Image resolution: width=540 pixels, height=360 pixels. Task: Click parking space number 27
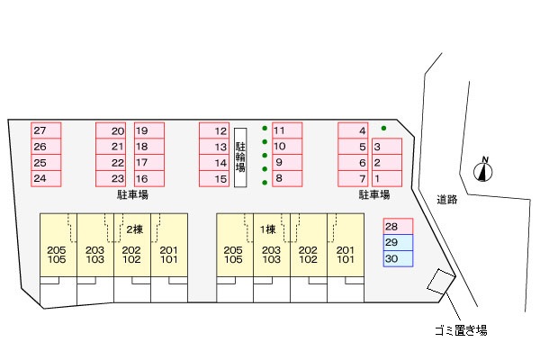pos(46,130)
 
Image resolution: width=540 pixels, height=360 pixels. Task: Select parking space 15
pos(214,179)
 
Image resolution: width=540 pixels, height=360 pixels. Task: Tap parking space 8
pos(287,178)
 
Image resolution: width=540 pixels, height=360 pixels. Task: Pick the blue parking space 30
pos(398,258)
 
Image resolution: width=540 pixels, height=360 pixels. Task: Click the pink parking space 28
pos(398,226)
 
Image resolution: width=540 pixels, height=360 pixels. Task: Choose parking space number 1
pos(387,179)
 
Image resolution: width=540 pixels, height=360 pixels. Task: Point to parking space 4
pos(353,130)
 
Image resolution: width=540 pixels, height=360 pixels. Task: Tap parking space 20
pos(111,130)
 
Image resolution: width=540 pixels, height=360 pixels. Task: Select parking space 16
pos(149,179)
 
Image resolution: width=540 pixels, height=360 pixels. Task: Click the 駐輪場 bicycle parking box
pos(240,157)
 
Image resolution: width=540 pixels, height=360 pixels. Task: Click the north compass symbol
pos(482,169)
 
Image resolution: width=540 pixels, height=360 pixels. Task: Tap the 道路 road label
pos(447,200)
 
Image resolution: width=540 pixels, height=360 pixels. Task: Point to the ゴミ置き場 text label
pos(461,330)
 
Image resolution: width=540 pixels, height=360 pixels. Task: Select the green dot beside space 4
pos(383,128)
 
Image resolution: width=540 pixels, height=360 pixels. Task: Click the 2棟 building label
pos(134,229)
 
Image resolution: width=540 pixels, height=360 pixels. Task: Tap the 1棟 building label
pos(267,229)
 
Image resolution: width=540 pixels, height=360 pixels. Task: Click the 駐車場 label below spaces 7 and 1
pos(374,194)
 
